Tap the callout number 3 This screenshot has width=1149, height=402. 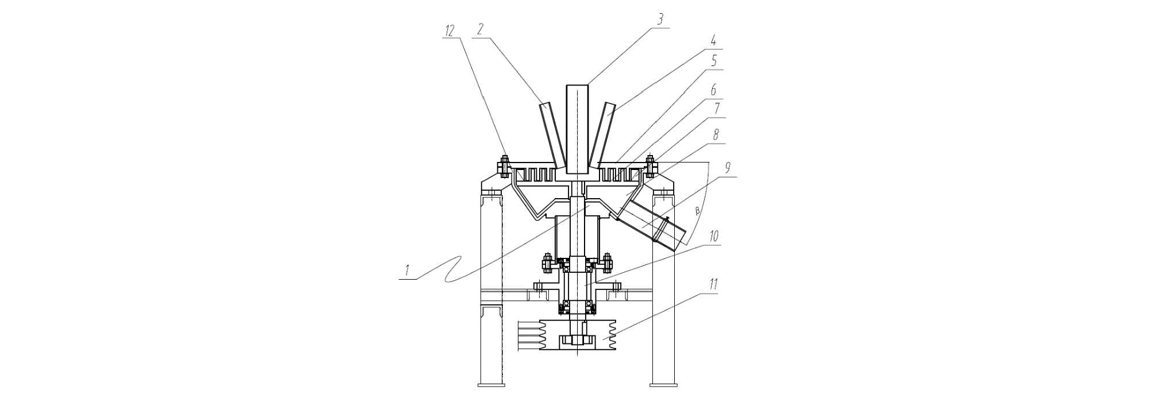pyautogui.click(x=661, y=20)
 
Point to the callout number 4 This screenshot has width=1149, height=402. pyautogui.click(x=713, y=41)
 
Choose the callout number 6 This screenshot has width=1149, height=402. pyautogui.click(x=714, y=91)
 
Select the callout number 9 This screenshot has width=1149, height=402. pyautogui.click(x=728, y=168)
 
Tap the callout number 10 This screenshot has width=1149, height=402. pyautogui.click(x=714, y=236)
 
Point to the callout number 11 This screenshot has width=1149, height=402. pyautogui.click(x=713, y=283)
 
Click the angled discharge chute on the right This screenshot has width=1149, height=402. pyautogui.click(x=652, y=224)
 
